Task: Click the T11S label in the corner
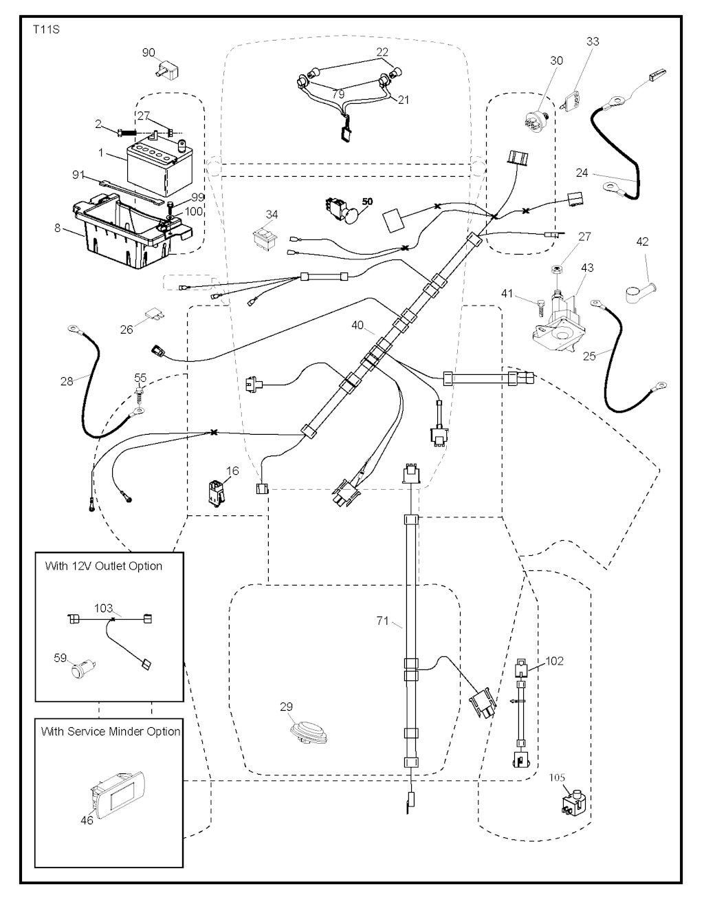tap(46, 30)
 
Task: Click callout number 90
tap(149, 52)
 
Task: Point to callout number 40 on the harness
tap(358, 324)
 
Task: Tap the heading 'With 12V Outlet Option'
tap(104, 566)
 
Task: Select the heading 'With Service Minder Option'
tap(111, 731)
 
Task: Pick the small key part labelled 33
tap(573, 102)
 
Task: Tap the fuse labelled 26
tap(154, 316)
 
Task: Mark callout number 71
tap(383, 621)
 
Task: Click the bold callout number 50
tap(368, 202)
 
